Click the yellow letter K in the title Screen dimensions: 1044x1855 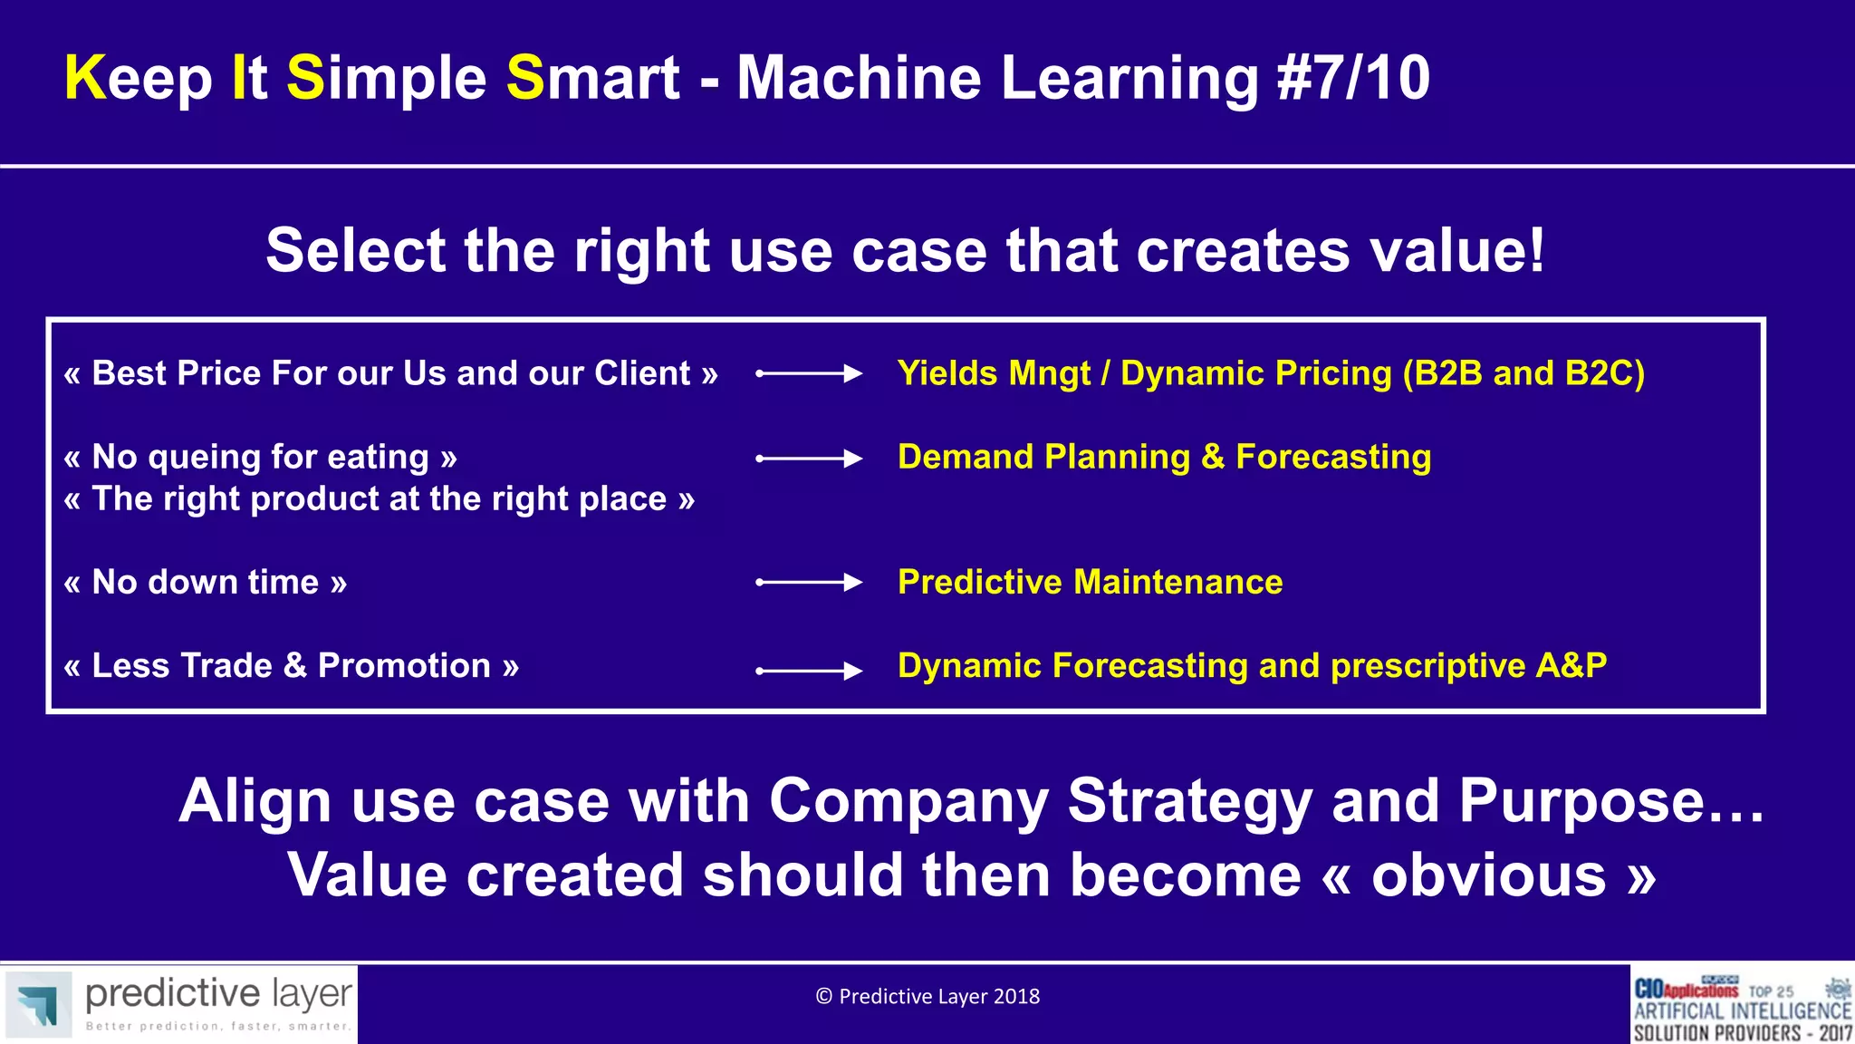tap(86, 78)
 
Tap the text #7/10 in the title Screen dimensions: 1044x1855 tap(1353, 78)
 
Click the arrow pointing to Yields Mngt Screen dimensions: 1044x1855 tap(809, 373)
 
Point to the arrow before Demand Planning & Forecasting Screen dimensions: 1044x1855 tap(809, 459)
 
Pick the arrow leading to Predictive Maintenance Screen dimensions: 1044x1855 tap(809, 582)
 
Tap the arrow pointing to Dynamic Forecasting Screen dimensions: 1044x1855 tap(809, 671)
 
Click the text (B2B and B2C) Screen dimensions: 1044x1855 tap(1523, 373)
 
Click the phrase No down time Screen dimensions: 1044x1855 tap(206, 582)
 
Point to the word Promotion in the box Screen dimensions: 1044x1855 tap(404, 666)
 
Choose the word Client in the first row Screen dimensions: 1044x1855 tap(641, 373)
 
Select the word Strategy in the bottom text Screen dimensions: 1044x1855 tap(1189, 801)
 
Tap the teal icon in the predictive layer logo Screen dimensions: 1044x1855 tap(37, 1004)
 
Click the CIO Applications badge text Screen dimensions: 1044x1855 tap(1686, 990)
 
